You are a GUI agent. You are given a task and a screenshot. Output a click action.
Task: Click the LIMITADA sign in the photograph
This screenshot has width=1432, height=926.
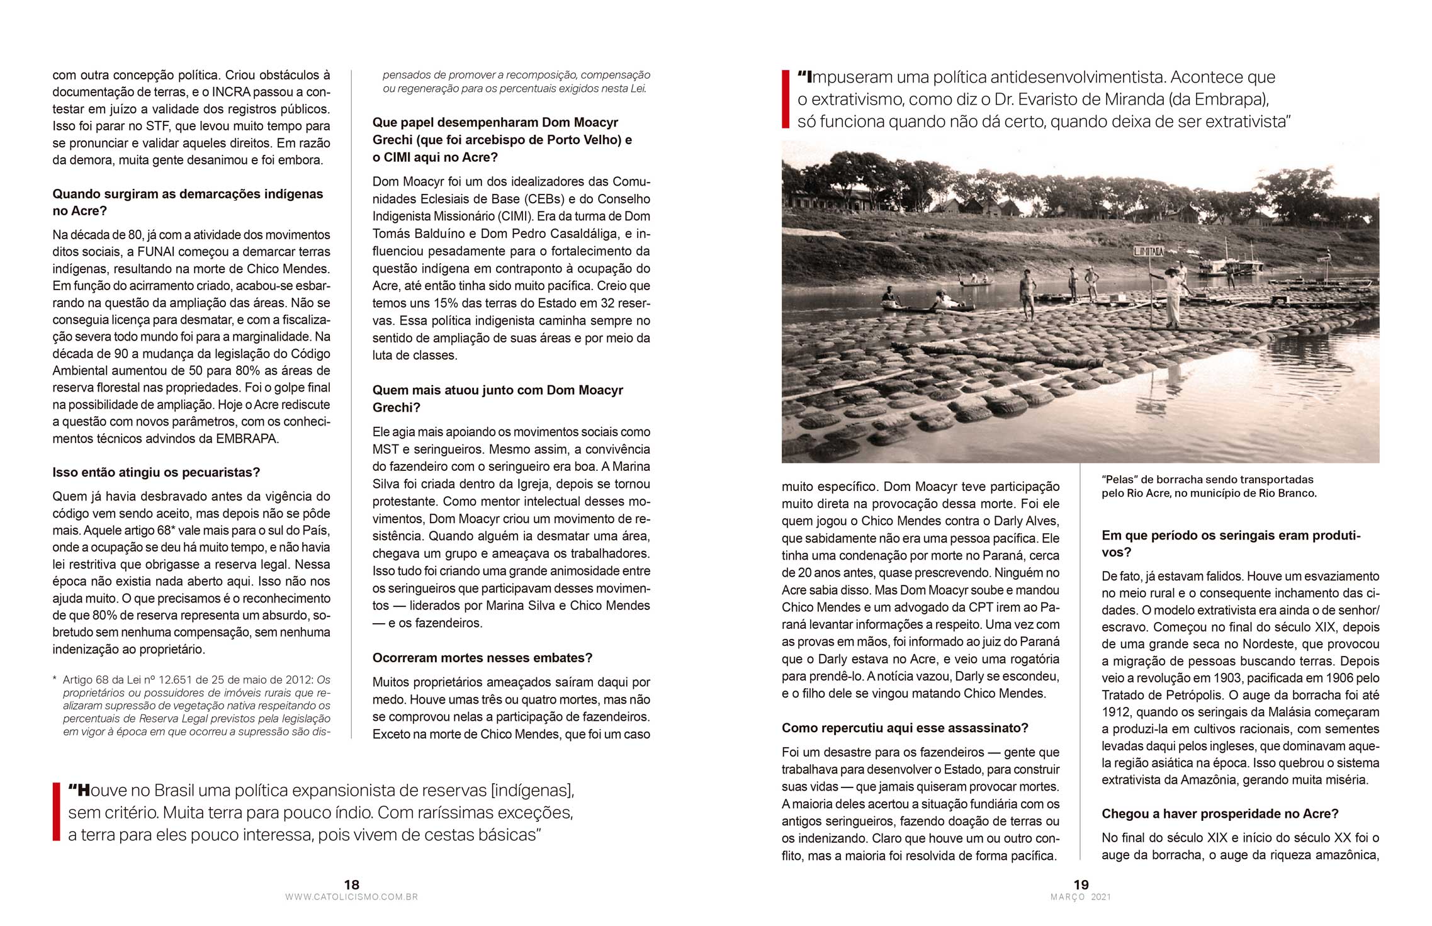pos(1149,251)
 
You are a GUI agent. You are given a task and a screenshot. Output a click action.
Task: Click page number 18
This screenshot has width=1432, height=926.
pos(351,884)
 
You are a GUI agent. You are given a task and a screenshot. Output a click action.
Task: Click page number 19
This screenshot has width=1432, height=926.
pos(1081,884)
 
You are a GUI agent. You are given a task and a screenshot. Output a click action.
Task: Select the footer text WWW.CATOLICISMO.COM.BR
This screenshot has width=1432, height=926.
pos(351,897)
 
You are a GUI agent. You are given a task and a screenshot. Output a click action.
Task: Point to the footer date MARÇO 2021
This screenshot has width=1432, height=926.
pos(1081,897)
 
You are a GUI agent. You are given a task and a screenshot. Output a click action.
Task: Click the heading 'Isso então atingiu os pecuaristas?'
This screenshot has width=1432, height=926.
pos(156,472)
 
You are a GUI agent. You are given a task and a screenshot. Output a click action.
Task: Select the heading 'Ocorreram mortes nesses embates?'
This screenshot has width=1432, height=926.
pos(482,658)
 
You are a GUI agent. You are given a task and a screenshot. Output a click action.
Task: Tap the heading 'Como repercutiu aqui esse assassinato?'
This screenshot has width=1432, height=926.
pos(905,728)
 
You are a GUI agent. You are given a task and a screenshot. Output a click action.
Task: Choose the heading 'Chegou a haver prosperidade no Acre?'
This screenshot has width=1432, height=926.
pos(1220,813)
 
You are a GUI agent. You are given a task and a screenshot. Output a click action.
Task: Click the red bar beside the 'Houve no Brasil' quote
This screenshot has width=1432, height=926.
pos(56,812)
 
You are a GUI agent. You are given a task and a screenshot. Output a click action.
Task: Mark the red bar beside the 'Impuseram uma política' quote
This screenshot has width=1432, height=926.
pos(785,99)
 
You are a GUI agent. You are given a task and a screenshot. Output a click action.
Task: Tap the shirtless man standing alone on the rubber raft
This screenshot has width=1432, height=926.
pos(1027,293)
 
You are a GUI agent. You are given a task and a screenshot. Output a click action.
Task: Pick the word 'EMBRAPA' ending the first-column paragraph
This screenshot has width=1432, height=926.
pos(247,439)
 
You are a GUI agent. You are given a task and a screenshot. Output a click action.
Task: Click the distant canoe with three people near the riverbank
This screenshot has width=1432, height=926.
pos(975,281)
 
